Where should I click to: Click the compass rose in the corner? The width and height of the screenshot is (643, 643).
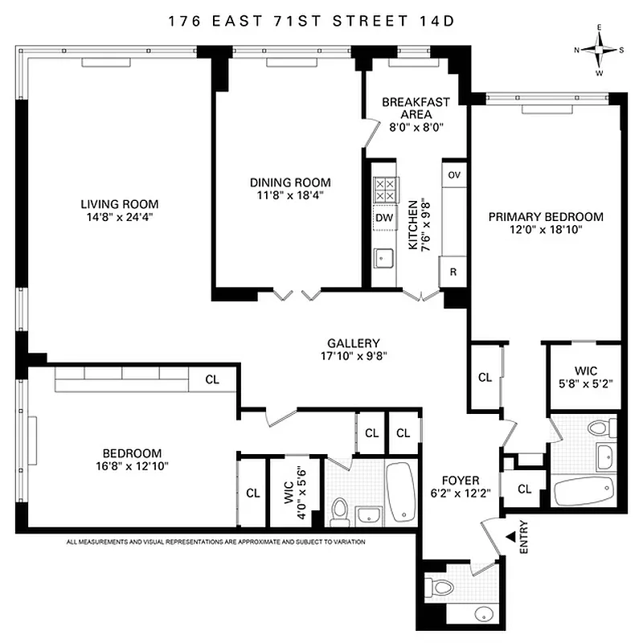(599, 50)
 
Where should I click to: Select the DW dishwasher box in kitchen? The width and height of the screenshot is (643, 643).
(383, 217)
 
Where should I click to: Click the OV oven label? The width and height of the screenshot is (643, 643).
(453, 175)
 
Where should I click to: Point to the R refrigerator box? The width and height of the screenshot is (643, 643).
(453, 272)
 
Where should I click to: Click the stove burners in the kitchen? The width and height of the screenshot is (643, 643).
(383, 190)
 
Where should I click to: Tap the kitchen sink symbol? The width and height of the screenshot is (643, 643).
(383, 257)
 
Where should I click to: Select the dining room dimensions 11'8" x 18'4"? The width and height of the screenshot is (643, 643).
(290, 195)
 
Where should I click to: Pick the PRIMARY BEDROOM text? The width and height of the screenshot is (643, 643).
(546, 217)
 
